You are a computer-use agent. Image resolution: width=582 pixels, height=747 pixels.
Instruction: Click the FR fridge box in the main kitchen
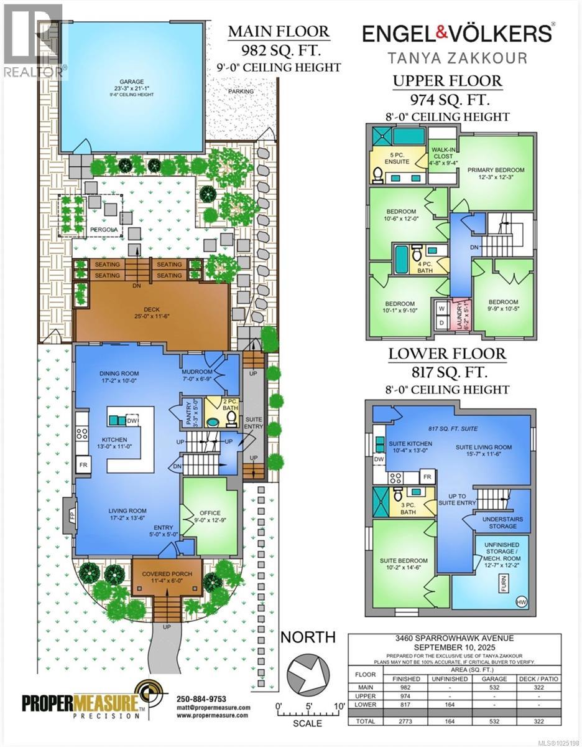(x=82, y=464)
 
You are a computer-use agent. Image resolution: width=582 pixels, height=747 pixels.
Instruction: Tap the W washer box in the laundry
(x=442, y=307)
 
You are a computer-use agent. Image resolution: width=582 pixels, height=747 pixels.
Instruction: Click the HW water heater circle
(x=520, y=601)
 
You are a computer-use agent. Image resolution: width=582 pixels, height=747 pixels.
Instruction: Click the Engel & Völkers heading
(x=458, y=33)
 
